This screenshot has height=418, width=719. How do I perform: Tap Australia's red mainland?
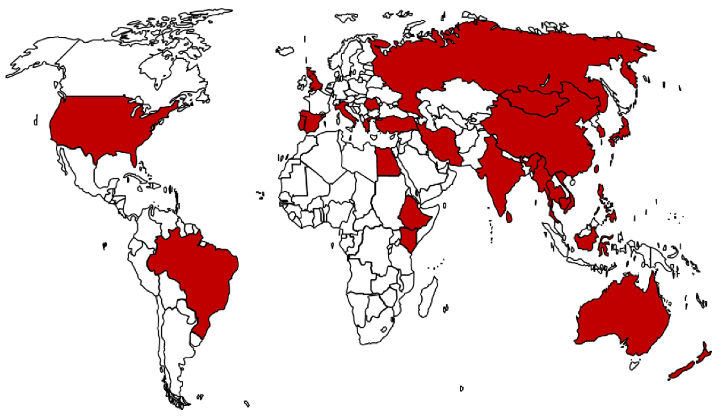click(622, 320)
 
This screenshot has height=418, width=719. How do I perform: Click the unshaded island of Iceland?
click(285, 51)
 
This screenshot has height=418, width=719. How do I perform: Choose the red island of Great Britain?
click(315, 81)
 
